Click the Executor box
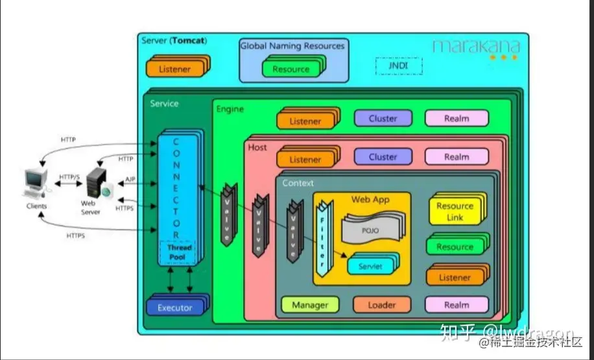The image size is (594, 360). tap(175, 307)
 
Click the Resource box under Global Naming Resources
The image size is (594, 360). tap(291, 69)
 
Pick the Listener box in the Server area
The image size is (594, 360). tap(174, 69)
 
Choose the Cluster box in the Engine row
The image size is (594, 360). tap(383, 119)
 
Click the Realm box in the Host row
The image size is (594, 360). tap(457, 156)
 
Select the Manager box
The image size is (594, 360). tap(310, 305)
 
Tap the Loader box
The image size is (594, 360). tap(382, 305)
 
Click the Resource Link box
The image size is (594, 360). tap(455, 211)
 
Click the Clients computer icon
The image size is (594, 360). tap(35, 184)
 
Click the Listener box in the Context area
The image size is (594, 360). tap(455, 277)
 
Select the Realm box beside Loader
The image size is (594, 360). tap(457, 305)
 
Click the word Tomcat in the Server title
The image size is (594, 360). tap(189, 41)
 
